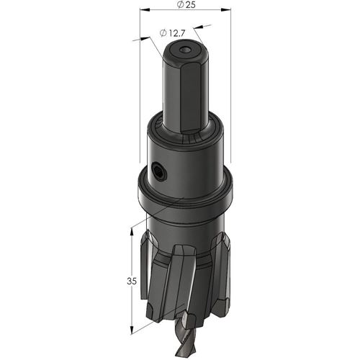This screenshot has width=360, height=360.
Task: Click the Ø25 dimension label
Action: [186, 4]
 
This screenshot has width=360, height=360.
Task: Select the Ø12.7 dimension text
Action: [172, 33]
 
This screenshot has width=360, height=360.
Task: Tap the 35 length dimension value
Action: [132, 281]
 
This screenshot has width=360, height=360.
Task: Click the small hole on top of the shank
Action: [185, 50]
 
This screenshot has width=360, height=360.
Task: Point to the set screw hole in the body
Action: [158, 171]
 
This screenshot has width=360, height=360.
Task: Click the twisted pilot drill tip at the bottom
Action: [186, 337]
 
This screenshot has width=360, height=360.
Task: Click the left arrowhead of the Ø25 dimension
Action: [145, 9]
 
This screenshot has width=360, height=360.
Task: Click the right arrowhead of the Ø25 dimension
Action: [226, 9]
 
